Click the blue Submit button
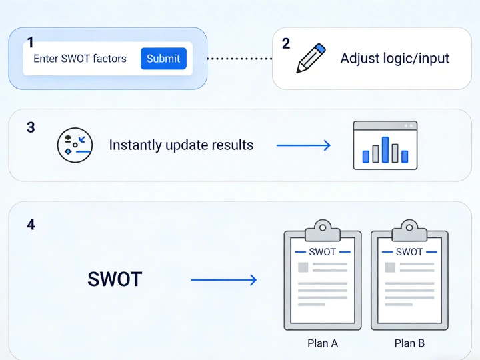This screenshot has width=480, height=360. [163, 59]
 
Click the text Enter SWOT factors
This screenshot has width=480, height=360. [80, 59]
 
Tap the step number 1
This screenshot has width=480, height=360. [30, 43]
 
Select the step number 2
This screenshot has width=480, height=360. [286, 44]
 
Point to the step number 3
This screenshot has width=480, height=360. [31, 127]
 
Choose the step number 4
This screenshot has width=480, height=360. [31, 225]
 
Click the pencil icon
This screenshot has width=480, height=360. [310, 58]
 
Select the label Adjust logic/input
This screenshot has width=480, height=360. [395, 59]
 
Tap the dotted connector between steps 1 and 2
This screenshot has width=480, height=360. [239, 59]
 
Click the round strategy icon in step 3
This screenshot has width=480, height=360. [73, 145]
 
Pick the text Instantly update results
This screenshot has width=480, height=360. [181, 145]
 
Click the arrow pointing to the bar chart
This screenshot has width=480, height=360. [303, 145]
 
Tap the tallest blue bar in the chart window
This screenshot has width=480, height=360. [385, 150]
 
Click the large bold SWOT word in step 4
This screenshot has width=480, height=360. [115, 279]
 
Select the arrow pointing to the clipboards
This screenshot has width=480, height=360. [224, 280]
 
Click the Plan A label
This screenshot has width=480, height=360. [323, 343]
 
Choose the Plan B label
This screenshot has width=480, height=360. [409, 343]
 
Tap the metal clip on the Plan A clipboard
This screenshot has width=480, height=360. [323, 230]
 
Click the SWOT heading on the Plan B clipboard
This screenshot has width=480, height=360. [409, 252]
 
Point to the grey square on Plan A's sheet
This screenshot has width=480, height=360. [303, 267]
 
